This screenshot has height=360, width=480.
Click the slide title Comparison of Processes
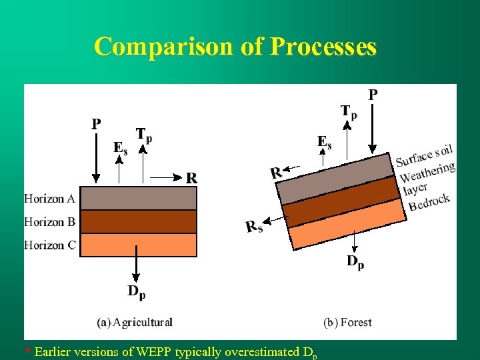click(x=235, y=47)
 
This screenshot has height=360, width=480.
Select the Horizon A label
click(x=49, y=199)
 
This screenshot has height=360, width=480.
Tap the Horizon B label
click(x=49, y=222)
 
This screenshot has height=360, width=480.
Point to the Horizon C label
click(x=49, y=245)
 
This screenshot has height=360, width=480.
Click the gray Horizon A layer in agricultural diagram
click(x=138, y=198)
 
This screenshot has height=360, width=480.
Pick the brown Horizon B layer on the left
click(x=138, y=221)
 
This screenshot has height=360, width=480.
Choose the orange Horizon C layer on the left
click(x=138, y=245)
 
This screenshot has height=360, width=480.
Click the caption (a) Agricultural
click(x=135, y=323)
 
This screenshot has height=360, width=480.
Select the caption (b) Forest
click(x=347, y=323)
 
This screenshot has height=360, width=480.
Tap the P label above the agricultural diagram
click(x=97, y=124)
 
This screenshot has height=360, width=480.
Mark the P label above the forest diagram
click(x=373, y=94)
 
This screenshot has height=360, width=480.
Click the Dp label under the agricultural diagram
click(x=137, y=291)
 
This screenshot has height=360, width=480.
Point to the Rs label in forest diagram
click(x=254, y=227)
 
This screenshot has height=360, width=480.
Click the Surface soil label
click(x=424, y=155)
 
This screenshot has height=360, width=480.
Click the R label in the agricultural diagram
click(x=191, y=178)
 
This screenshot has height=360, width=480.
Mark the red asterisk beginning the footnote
click(x=27, y=351)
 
